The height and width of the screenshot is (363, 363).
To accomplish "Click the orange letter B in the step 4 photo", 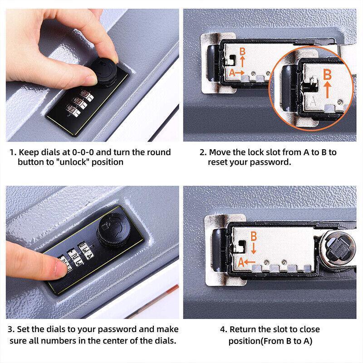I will point(254,236).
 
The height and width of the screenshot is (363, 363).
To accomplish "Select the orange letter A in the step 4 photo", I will point(241,262).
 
